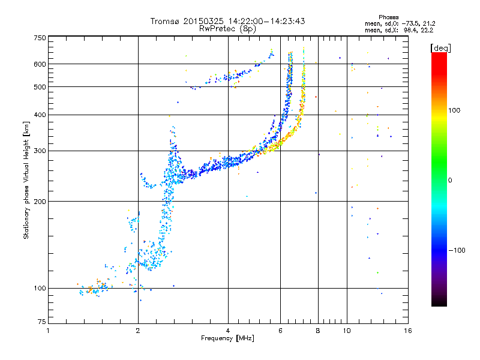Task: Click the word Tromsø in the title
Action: coord(166,21)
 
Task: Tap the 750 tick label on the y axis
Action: coord(40,38)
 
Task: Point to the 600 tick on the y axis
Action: coord(40,64)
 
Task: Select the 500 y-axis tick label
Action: coord(40,87)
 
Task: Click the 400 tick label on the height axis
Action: coord(40,115)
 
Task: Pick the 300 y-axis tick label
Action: coord(40,151)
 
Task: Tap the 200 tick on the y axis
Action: coord(40,201)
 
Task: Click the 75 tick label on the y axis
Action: coord(41,324)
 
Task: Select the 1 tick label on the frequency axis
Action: coord(48,331)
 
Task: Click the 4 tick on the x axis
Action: coord(228,331)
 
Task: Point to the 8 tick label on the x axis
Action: coord(318,331)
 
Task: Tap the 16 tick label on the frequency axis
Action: coord(408,331)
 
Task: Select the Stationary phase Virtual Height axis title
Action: coord(26,180)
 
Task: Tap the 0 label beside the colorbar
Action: coord(451,180)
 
